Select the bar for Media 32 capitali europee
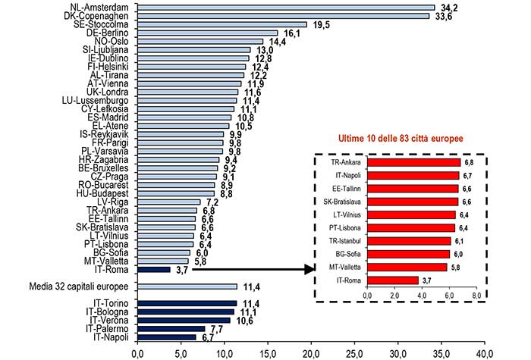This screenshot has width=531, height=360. click(187, 286)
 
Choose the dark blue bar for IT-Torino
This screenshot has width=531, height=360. click(187, 303)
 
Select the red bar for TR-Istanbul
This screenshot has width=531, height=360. click(409, 241)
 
